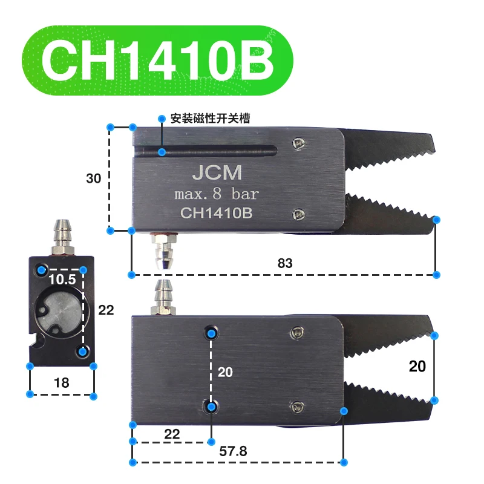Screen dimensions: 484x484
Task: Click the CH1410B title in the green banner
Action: [157, 60]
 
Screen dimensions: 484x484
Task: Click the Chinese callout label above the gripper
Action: [210, 119]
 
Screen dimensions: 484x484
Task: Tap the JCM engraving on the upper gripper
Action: [217, 174]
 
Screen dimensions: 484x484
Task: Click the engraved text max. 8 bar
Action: [216, 195]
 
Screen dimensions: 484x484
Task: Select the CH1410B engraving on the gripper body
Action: [217, 213]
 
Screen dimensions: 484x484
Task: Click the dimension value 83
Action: [285, 263]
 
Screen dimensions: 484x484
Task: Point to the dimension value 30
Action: [93, 178]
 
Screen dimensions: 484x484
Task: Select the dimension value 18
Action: [61, 382]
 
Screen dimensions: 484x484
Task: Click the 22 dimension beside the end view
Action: [106, 310]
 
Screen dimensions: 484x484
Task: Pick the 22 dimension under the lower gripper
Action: [172, 433]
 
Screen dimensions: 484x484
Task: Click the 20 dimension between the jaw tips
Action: [417, 366]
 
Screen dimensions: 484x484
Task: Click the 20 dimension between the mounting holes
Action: [225, 372]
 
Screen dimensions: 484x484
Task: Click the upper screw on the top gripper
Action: [297, 143]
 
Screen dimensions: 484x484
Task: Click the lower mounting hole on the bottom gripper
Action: [211, 407]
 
